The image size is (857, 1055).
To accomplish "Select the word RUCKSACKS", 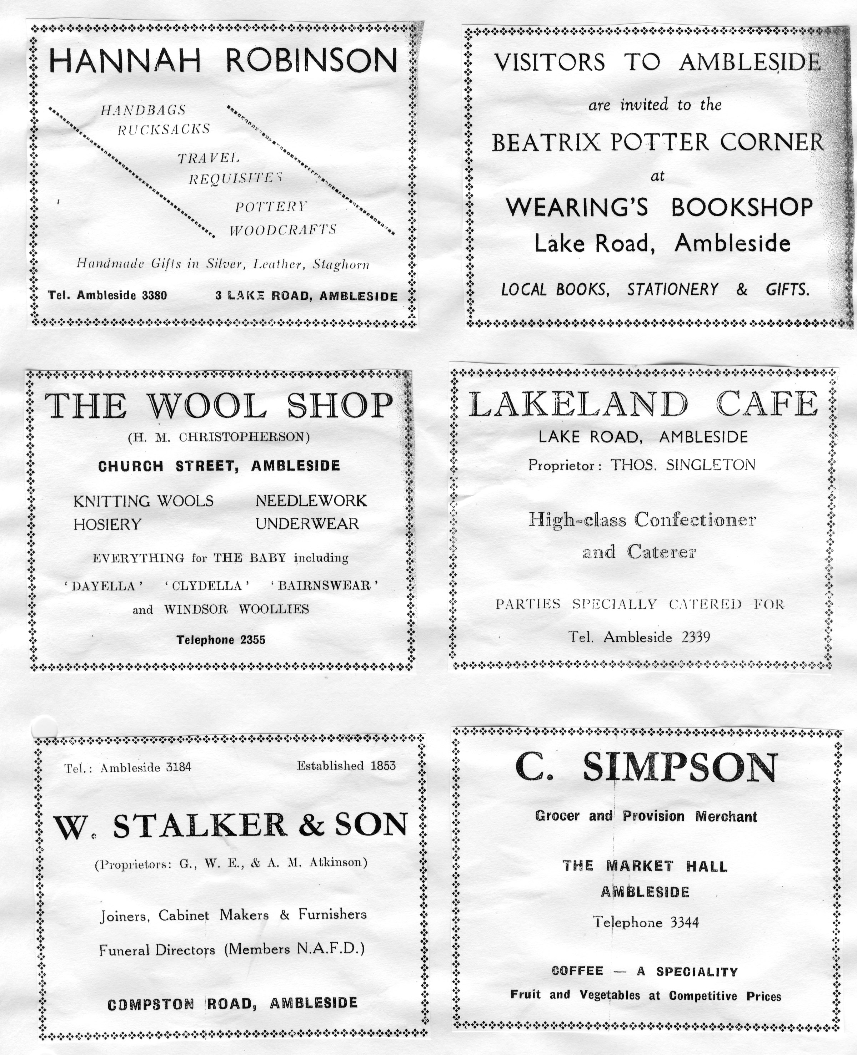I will pos(164,129).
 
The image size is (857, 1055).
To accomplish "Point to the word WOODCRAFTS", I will pos(283,230).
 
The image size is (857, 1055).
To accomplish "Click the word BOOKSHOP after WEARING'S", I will pos(741,207).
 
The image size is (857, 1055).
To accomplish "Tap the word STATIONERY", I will pos(672,289).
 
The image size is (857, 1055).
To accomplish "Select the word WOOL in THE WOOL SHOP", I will pos(208,406).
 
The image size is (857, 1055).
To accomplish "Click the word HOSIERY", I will pos(107,524).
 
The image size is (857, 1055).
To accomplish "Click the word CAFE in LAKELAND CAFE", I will pos(767,405).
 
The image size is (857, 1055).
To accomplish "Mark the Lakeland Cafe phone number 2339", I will pos(696,637).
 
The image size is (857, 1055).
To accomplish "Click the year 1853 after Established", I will pos(383,766).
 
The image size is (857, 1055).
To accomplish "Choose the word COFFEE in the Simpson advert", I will pos(577,971).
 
